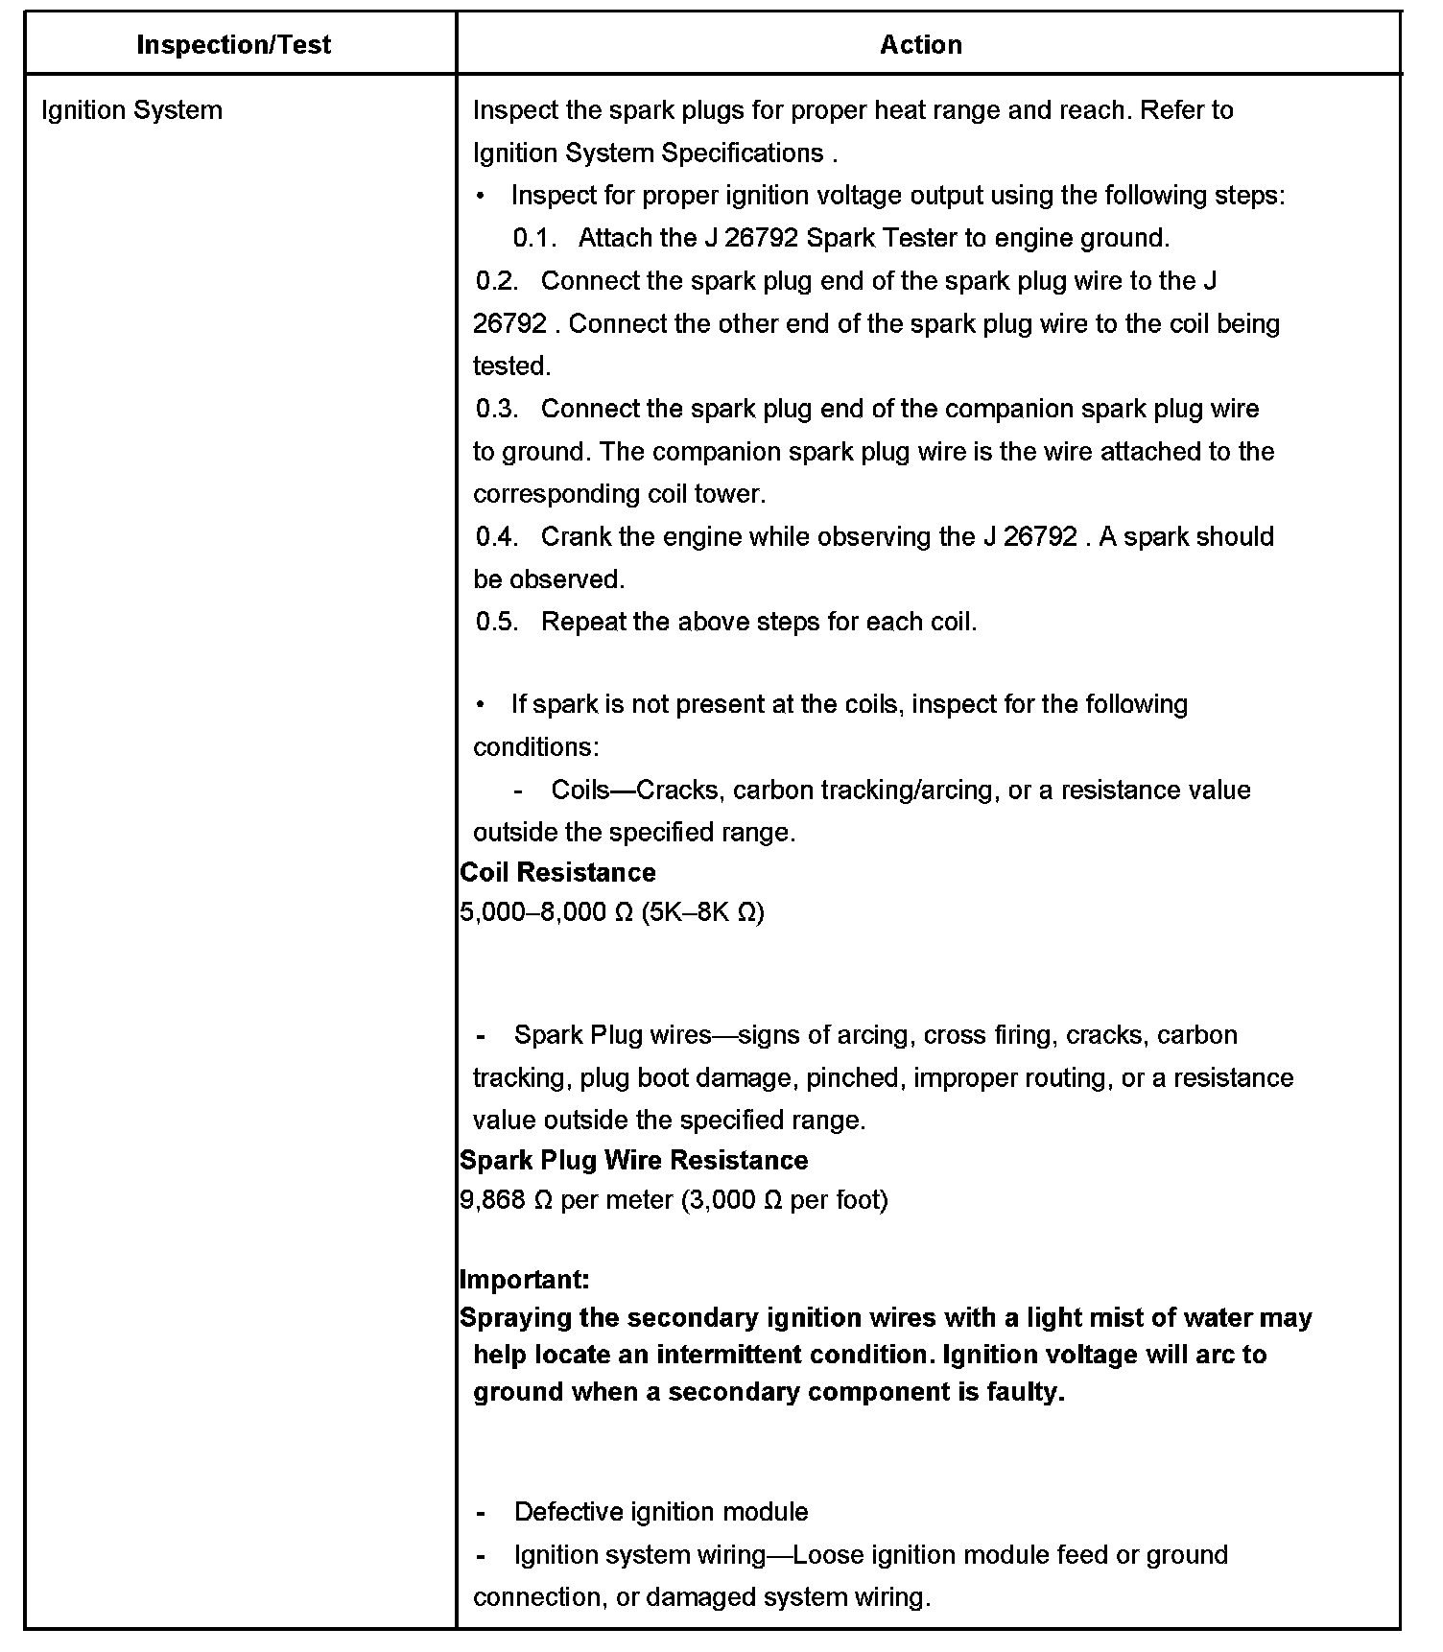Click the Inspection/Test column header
233,45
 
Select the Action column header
920,45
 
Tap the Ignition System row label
131,110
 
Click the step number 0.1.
534,238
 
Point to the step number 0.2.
497,281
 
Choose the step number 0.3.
497,409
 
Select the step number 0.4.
497,536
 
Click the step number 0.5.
497,622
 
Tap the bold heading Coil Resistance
557,872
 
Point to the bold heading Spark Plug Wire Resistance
633,1160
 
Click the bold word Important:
524,1279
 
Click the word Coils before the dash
580,790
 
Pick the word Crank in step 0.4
573,536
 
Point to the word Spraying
515,1318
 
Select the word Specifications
743,153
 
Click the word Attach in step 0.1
614,238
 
